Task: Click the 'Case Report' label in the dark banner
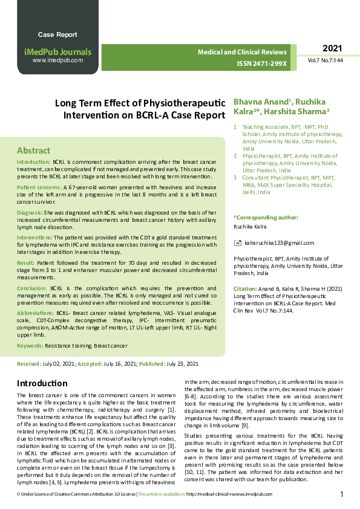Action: tap(57, 34)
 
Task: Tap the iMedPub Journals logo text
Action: tap(57, 52)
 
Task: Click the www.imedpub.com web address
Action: tap(57, 60)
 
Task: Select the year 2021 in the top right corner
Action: tap(332, 48)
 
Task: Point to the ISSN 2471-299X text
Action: tap(262, 63)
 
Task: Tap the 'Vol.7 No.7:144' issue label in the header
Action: tap(326, 61)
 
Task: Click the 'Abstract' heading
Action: tap(33, 151)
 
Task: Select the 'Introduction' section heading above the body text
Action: tap(42, 383)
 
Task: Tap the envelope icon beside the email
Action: tap(237, 243)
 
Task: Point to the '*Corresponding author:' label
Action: tap(266, 217)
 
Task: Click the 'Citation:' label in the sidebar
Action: tap(245, 290)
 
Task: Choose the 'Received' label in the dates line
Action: tap(28, 365)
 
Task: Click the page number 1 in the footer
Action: tap(342, 494)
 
